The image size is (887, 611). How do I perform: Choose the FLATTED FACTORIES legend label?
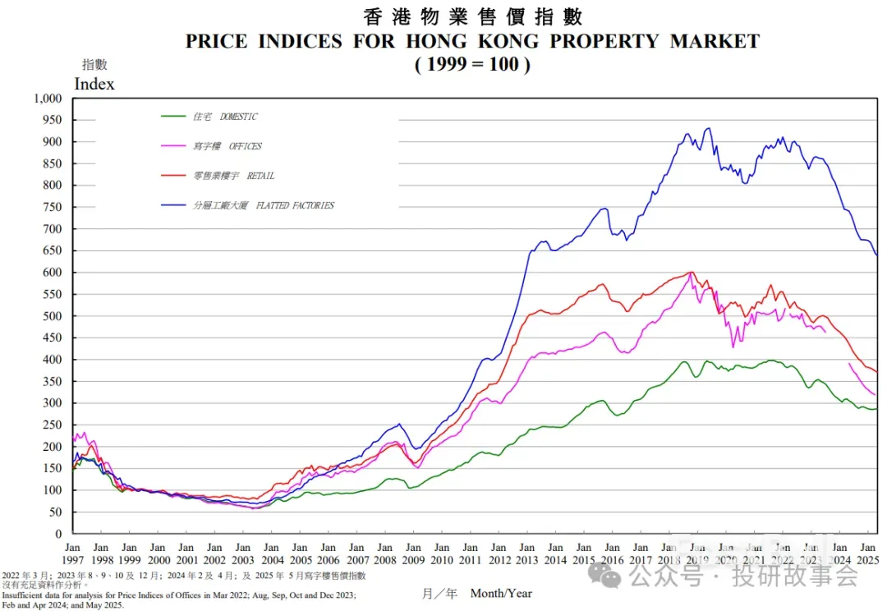point(264,205)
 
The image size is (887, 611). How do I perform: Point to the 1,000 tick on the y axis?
point(48,98)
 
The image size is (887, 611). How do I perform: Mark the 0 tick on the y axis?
point(59,534)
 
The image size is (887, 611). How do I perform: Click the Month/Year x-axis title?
point(501,593)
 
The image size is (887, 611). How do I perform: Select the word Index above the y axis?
point(94,84)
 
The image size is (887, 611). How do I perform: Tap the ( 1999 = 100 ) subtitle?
point(472,64)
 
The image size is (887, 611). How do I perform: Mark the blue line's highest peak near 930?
point(708,128)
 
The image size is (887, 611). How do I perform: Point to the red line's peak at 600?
point(692,273)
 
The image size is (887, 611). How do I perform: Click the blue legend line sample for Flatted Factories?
point(175,205)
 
